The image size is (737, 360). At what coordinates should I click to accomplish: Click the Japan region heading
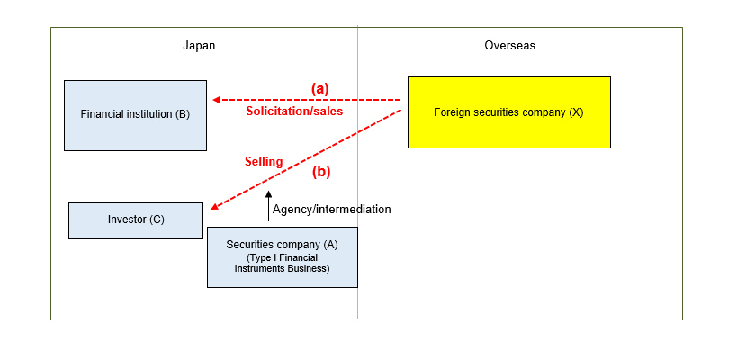pos(199,45)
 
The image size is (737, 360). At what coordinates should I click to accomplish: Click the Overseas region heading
pos(509,45)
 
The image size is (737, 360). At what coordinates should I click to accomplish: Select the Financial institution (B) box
pos(135,115)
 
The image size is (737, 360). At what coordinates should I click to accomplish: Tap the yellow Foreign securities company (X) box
pos(509,112)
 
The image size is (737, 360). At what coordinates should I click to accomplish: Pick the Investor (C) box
pos(136,220)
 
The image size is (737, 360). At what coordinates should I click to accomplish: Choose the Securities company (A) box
pos(282,256)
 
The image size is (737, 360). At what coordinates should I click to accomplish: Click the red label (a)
pos(320,88)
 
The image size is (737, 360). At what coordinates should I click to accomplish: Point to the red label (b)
pos(321,171)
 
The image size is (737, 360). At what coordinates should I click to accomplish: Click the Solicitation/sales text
pos(294,112)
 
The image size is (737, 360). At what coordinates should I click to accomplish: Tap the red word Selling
pos(264,162)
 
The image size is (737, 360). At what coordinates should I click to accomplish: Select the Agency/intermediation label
pos(331,209)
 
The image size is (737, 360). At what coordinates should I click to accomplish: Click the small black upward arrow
pos(268,206)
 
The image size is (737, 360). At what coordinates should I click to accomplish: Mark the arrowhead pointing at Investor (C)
pos(213,210)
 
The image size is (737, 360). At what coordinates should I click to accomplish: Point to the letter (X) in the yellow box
pos(576,112)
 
